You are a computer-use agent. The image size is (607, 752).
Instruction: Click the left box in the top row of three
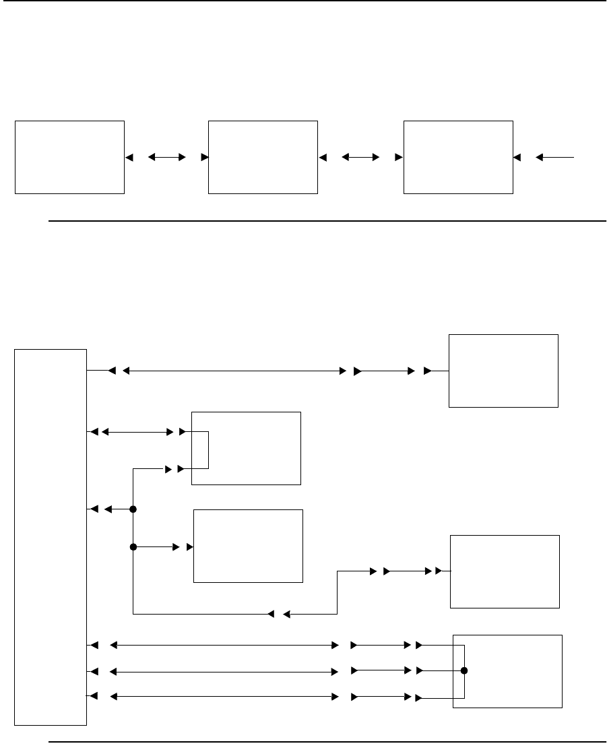[69, 157]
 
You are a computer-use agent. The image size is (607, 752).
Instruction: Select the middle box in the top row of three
[263, 157]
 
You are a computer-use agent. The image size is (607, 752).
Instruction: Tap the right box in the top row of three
[458, 157]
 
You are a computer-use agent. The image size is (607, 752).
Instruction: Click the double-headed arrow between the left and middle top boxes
[166, 157]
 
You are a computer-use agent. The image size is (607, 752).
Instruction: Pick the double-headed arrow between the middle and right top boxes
[360, 157]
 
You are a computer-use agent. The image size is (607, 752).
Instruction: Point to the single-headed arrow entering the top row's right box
[556, 157]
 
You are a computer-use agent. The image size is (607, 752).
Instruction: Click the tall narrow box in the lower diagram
[51, 537]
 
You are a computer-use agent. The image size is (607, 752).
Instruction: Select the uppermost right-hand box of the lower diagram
[503, 370]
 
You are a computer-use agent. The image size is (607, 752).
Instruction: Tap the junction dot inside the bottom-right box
[464, 671]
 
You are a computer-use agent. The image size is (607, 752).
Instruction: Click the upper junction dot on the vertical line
[133, 509]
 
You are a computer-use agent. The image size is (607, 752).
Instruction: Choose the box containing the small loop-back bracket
[246, 448]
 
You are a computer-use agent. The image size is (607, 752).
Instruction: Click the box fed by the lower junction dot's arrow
[248, 546]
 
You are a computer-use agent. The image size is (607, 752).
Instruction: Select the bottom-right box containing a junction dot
[507, 671]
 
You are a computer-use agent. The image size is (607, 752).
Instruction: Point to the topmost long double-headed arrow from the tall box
[232, 370]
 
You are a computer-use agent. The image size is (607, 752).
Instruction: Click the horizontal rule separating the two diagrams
[327, 220]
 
